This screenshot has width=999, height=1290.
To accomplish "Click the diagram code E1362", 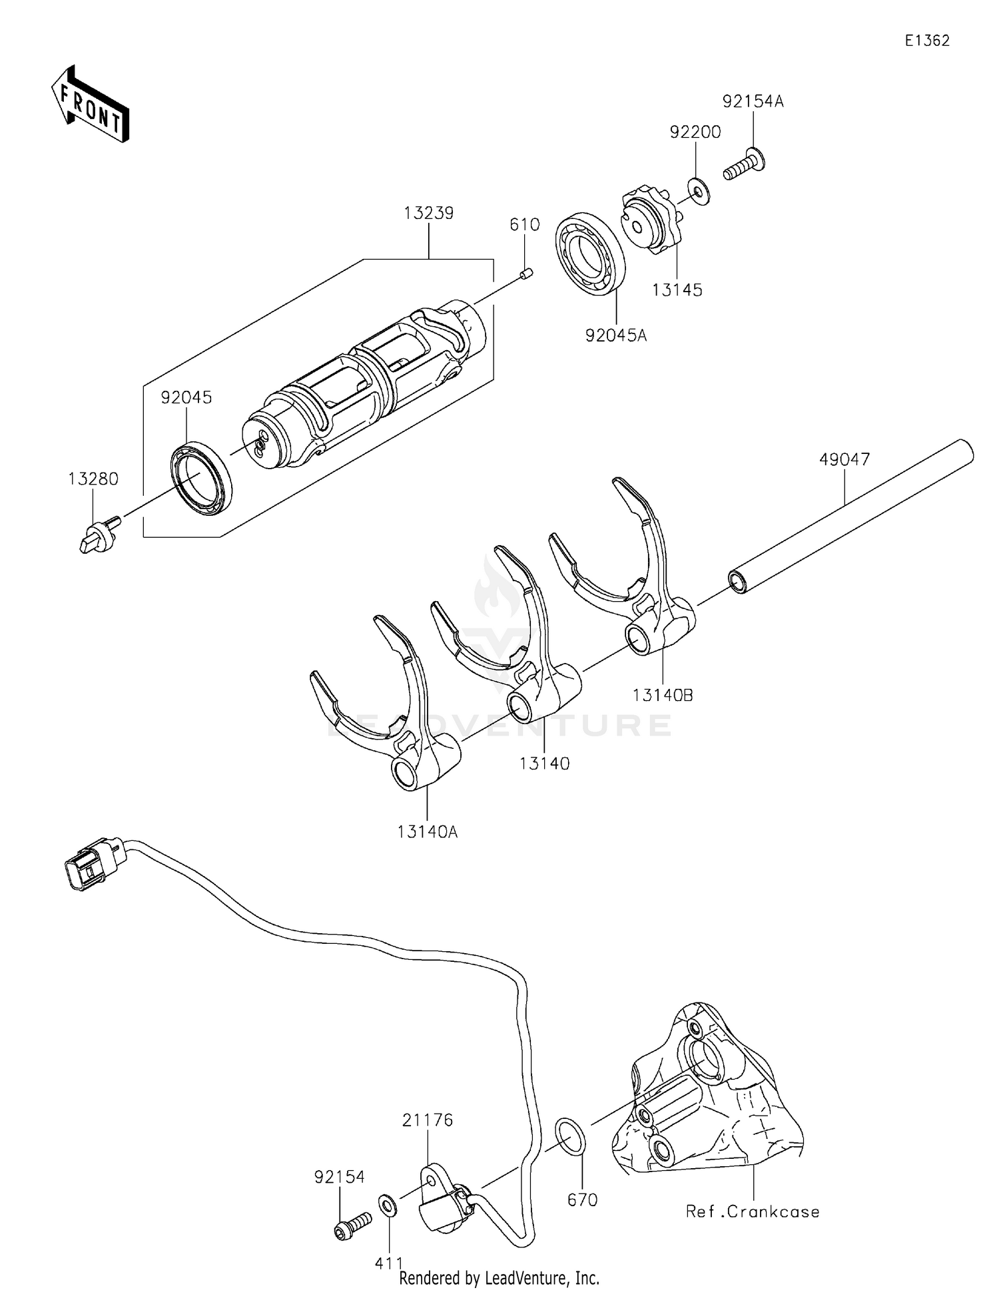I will [x=926, y=41].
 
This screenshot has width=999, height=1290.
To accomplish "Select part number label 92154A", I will [x=753, y=102].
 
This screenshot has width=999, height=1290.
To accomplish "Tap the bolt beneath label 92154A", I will [x=745, y=164].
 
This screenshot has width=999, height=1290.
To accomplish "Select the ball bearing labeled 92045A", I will [x=590, y=254].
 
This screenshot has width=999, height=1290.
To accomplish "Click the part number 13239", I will [x=428, y=214].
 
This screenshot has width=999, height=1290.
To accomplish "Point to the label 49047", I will [x=844, y=459].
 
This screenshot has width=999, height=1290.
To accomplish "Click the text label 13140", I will [x=544, y=764].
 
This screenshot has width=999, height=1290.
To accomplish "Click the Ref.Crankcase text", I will [x=753, y=1211].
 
